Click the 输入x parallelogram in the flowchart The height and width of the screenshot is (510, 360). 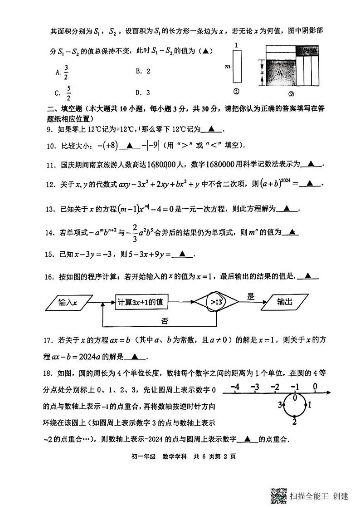[68, 302]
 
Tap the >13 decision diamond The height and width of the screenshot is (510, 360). [216, 302]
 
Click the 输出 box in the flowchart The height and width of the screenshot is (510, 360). [285, 302]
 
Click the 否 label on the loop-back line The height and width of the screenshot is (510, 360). [165, 321]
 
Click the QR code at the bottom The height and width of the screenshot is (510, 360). [278, 495]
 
